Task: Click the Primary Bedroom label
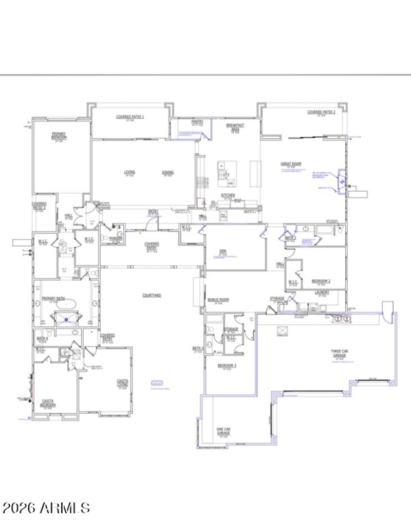click(58, 136)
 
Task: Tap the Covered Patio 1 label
click(130, 117)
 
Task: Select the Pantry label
click(198, 122)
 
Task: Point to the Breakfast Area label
click(235, 127)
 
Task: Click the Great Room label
click(287, 164)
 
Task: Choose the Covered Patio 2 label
click(321, 112)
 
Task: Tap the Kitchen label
click(228, 195)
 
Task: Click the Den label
click(222, 251)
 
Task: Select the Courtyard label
click(152, 296)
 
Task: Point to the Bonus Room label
click(218, 299)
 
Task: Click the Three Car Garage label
click(339, 354)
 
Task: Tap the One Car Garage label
click(223, 431)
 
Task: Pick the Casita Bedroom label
click(48, 403)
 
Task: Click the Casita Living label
click(122, 383)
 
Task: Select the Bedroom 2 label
click(321, 281)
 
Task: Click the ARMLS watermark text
click(46, 508)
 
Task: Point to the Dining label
click(167, 172)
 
